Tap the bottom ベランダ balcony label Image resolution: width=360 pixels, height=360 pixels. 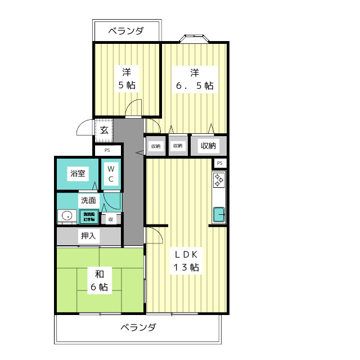point(138,327)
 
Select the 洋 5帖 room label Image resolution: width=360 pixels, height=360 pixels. point(126,79)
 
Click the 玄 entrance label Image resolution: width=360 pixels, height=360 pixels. point(104,130)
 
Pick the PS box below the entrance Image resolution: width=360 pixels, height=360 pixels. point(107,150)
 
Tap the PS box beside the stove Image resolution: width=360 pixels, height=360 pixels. point(220,163)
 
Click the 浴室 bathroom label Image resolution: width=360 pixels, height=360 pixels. point(78,173)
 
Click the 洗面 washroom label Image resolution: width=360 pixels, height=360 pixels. point(88,200)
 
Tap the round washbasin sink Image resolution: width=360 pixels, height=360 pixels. point(67,215)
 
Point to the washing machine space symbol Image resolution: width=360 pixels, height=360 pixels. point(89,216)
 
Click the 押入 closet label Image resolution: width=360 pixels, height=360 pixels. point(88,236)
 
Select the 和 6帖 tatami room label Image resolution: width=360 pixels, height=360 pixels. point(99,280)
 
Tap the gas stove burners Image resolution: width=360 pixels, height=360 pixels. point(219,181)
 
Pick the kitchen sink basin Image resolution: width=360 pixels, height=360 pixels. point(219,214)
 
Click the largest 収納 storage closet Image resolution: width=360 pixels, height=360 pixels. point(209,146)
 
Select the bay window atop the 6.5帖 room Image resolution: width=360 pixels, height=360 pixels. point(195,39)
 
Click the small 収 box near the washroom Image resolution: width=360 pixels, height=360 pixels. point(111,219)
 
